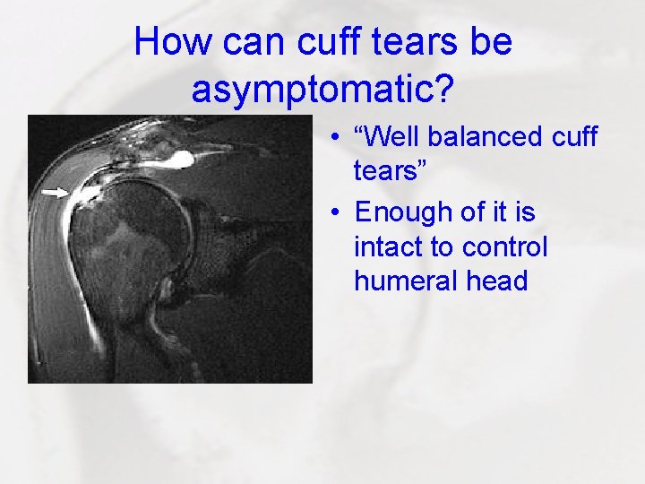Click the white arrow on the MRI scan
tap(56, 192)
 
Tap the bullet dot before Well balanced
tap(333, 140)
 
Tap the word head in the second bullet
tap(498, 281)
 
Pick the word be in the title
tap(491, 41)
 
